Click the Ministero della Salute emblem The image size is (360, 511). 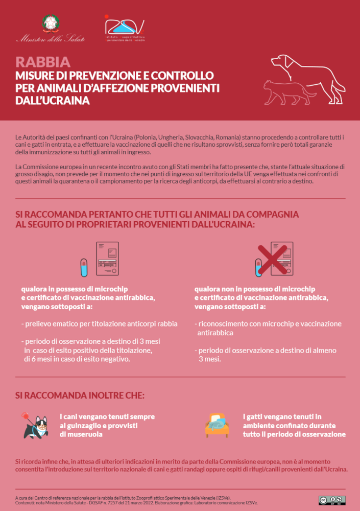point(51,24)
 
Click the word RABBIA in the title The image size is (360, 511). point(43,62)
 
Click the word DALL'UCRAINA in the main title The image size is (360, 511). point(53,101)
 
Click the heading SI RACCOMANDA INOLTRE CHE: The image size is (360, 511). point(80,396)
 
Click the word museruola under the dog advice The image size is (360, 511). point(81,434)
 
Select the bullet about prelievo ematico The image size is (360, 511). point(99,324)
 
